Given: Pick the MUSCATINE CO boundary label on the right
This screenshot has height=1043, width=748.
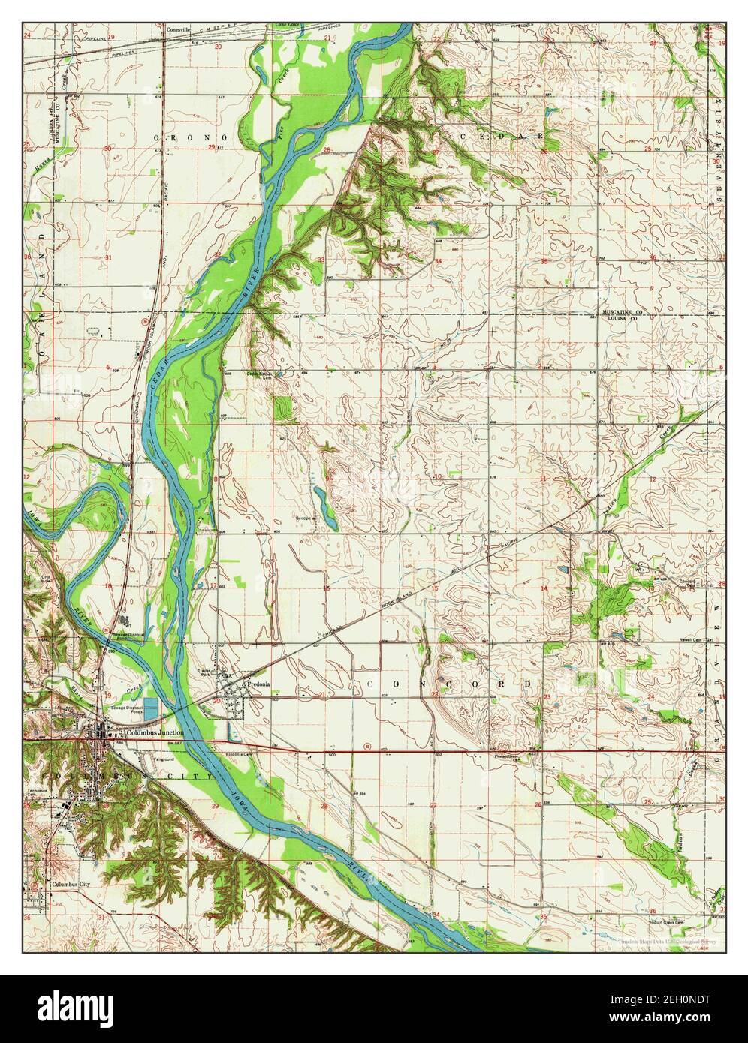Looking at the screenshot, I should pos(622,311).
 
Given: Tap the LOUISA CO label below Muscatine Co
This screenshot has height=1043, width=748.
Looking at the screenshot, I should pos(622,318).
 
